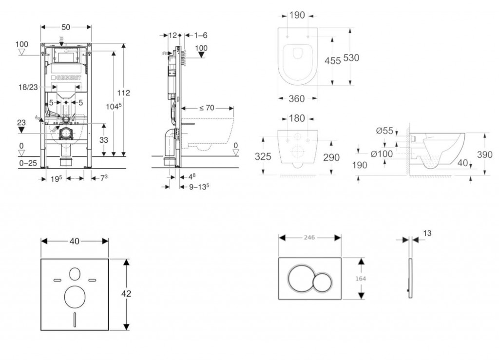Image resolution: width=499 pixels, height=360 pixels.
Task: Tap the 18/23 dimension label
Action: pos(28,87)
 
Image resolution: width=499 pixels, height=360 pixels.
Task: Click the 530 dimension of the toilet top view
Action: pos(351,58)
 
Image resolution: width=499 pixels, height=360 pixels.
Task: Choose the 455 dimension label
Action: pos(333,61)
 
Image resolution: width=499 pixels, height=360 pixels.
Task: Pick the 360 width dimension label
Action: pos(297,99)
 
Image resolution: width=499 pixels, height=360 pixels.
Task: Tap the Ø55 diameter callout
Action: pos(384,131)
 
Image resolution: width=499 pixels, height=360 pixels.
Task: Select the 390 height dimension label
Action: pos(485,155)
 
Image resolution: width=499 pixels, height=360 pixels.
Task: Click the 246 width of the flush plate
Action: pos(309,237)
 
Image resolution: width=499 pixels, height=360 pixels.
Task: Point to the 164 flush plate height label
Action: pos(361,279)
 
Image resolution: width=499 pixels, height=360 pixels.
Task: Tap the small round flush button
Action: pos(322,283)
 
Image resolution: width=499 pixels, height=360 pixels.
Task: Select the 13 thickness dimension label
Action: pos(427,233)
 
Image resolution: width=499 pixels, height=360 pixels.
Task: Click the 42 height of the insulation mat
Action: pos(126,294)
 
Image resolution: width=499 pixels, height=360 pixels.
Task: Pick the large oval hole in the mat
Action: pos(75,297)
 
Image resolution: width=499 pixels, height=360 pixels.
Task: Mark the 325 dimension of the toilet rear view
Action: pos(263,157)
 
